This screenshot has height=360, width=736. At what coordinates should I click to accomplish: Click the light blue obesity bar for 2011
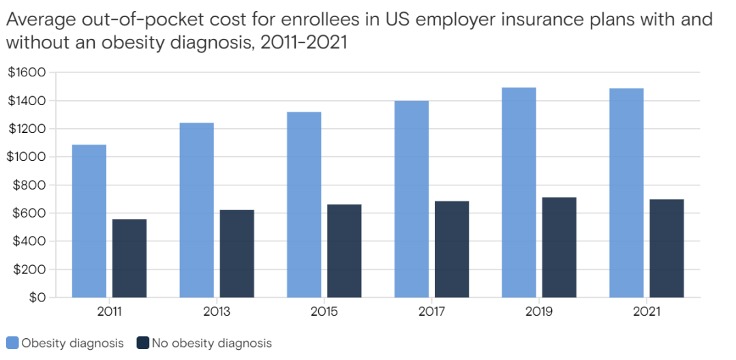tap(89, 221)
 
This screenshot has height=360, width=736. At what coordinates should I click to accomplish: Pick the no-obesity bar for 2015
tap(344, 250)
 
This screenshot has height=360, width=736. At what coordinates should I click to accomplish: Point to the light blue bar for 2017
tap(412, 199)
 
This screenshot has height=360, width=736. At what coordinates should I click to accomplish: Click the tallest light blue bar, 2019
tap(519, 192)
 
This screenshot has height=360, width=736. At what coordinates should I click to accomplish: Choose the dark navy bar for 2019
tap(559, 247)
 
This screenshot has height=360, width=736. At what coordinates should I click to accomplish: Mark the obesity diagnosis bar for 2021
tap(626, 193)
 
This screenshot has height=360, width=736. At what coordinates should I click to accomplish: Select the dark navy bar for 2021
tap(666, 248)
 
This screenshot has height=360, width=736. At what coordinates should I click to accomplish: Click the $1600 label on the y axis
tap(27, 72)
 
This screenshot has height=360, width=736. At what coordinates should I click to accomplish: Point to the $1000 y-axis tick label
tap(27, 157)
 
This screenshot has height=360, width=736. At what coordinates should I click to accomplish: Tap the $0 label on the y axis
tap(35, 297)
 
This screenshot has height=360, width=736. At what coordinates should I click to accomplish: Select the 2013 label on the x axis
tap(217, 312)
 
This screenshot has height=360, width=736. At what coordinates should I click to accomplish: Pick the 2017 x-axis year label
tap(432, 312)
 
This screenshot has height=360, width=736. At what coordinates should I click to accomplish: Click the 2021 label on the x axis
tap(647, 312)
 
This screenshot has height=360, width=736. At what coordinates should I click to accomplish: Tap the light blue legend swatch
tap(12, 343)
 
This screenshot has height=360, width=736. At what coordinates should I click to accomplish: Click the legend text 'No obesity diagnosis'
tap(212, 343)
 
